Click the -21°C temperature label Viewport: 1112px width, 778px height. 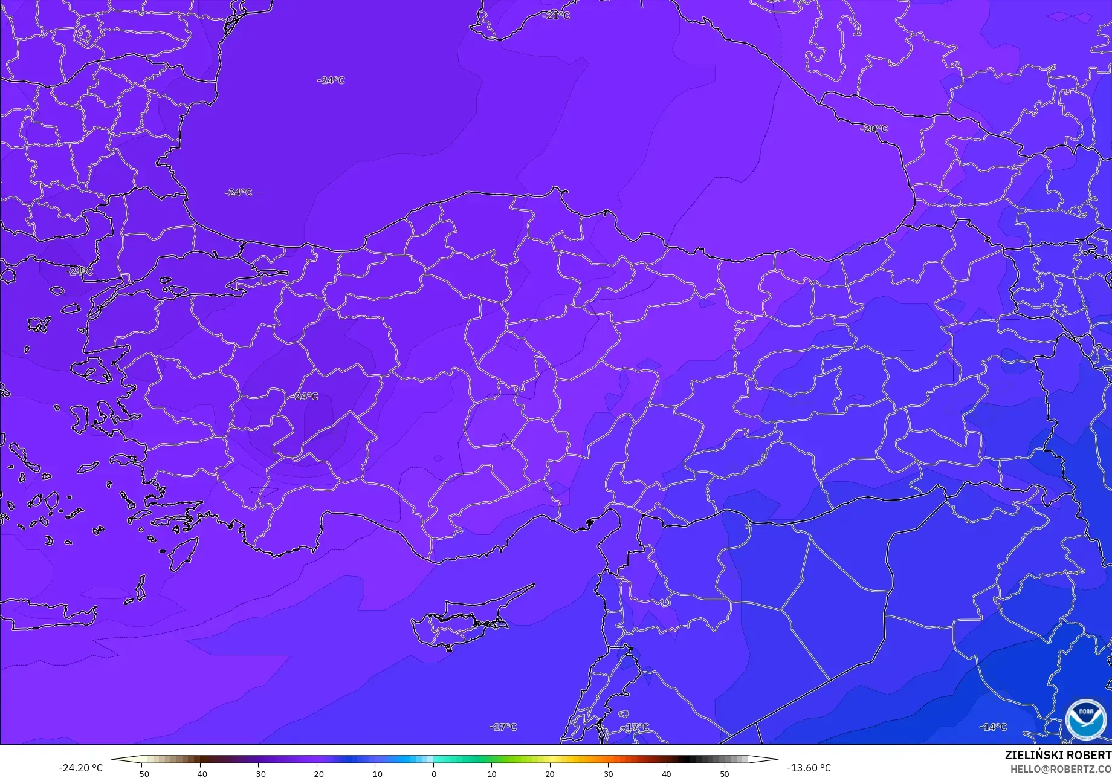(x=557, y=16)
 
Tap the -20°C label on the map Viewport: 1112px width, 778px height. (x=874, y=129)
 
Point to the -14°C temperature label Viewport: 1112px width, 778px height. (x=993, y=727)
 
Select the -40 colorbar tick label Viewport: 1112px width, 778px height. (x=200, y=773)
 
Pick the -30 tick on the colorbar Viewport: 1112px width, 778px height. (x=259, y=773)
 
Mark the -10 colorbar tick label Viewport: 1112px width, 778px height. (x=375, y=773)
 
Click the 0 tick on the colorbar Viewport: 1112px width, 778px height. (x=433, y=773)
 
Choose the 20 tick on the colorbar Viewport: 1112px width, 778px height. (x=550, y=773)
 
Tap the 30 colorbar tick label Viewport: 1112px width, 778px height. (x=608, y=773)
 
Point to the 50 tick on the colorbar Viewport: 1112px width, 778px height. (x=725, y=773)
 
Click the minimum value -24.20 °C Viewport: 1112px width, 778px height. (x=80, y=768)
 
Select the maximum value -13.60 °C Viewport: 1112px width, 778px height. (x=809, y=768)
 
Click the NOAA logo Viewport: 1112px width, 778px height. (x=1086, y=719)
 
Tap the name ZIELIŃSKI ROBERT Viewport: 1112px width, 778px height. (x=1058, y=755)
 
